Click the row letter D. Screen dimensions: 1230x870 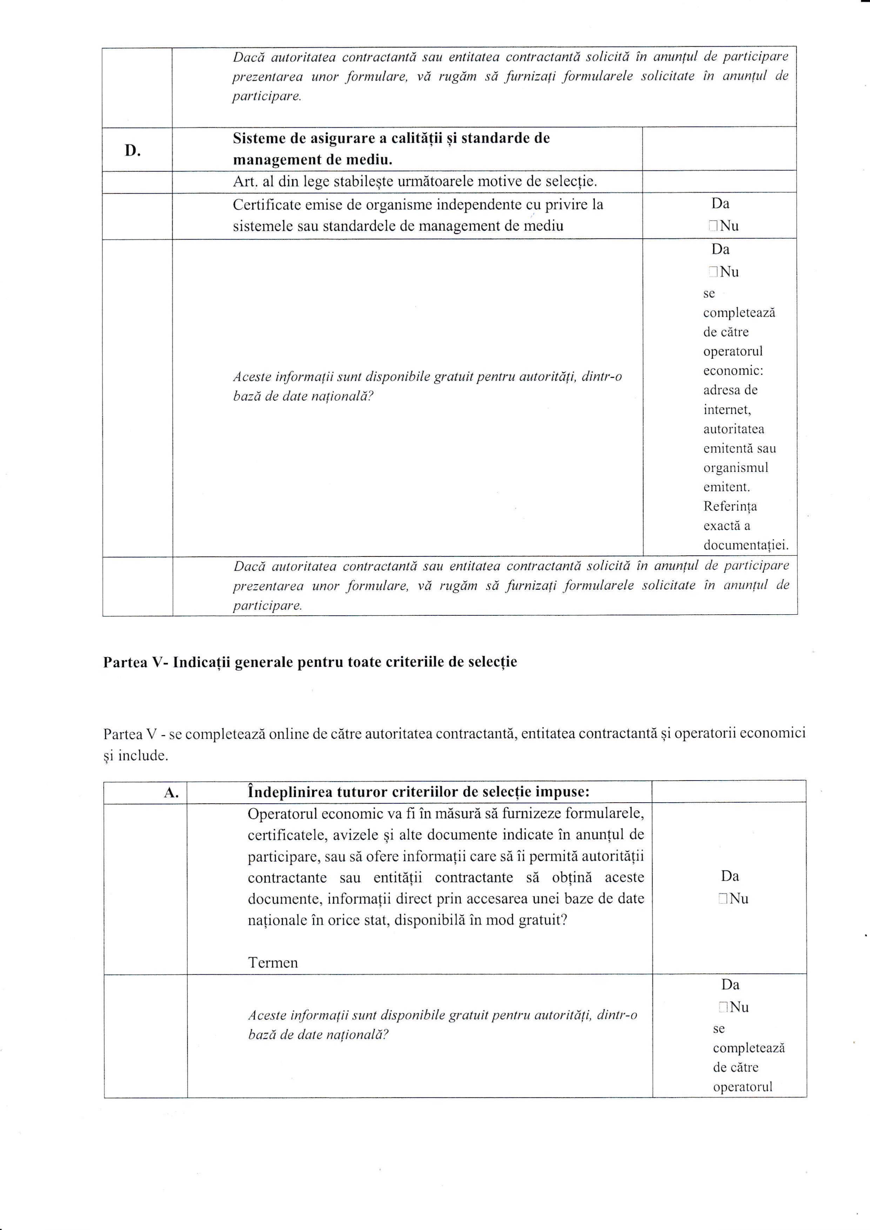click(x=132, y=150)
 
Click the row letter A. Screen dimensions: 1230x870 click(x=171, y=793)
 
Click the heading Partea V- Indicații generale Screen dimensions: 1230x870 click(x=310, y=662)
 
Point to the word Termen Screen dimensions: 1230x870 click(x=273, y=963)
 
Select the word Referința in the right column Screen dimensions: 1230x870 click(x=730, y=506)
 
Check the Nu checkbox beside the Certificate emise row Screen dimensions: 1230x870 click(x=713, y=226)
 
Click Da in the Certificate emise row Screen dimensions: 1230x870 click(x=720, y=204)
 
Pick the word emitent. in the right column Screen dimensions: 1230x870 click(x=726, y=487)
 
